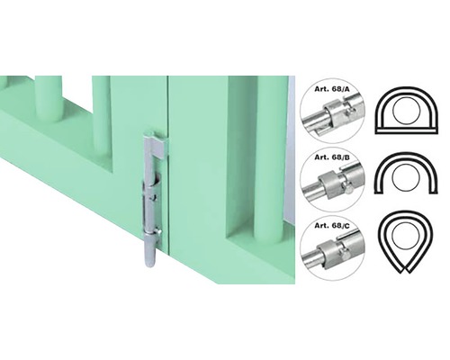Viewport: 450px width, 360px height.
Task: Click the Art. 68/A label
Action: click(332, 89)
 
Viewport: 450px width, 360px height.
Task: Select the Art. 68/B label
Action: click(332, 157)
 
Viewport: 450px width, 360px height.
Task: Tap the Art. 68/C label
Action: click(332, 226)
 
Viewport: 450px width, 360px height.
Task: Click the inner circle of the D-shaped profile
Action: click(407, 111)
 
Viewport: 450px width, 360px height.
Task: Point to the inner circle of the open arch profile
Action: click(407, 177)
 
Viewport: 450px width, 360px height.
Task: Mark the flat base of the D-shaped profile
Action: click(407, 130)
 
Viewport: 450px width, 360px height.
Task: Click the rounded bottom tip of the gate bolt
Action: click(149, 264)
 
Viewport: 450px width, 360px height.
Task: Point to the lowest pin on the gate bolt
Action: click(158, 232)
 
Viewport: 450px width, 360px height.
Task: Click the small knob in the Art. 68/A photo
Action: click(349, 112)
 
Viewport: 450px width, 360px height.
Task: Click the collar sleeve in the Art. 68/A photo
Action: click(333, 115)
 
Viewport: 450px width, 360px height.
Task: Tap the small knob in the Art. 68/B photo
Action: click(348, 190)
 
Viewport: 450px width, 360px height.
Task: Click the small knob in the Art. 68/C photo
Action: click(345, 255)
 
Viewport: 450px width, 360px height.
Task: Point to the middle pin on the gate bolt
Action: click(154, 198)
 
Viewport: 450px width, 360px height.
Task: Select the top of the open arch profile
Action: click(406, 154)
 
